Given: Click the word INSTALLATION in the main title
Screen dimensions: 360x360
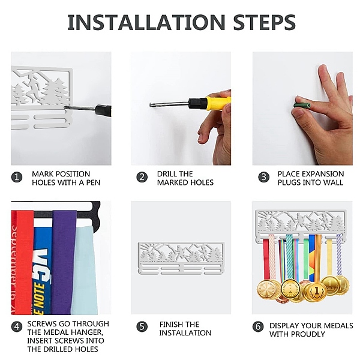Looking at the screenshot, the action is tap(147, 22).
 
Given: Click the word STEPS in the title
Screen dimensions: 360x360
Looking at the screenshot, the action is tap(264, 22).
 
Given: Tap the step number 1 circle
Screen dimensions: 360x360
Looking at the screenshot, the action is tap(17, 178).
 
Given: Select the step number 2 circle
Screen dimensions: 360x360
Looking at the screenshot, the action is tap(142, 178).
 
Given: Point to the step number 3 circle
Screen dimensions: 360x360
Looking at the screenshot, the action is tap(263, 178).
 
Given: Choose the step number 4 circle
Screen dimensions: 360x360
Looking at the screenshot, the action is tap(17, 327).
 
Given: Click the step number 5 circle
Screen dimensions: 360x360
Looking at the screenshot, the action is tap(142, 327).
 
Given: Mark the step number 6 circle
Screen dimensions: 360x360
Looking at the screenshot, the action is tap(258, 327).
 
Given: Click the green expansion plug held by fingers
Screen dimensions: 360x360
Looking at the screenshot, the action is tap(302, 106).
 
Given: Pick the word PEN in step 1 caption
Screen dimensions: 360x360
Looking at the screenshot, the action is tap(93, 182).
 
